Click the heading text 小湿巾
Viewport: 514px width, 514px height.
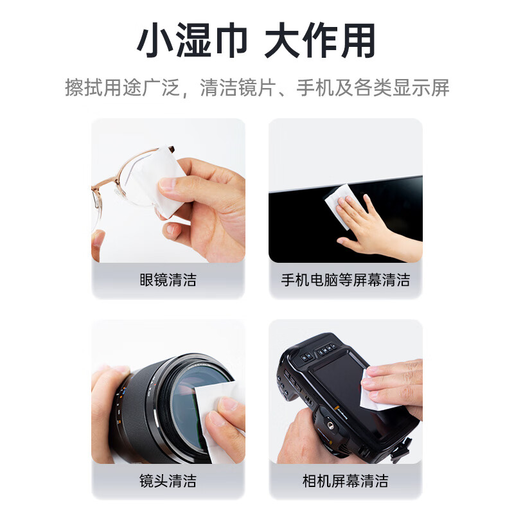pos(191,42)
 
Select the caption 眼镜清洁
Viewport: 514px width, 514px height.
pos(168,280)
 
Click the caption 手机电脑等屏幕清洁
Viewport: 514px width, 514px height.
pos(345,280)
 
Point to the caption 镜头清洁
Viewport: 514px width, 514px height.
pos(168,481)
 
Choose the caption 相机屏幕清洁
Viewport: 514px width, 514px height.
pos(345,481)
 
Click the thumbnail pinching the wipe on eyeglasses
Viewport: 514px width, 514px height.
pos(166,186)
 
